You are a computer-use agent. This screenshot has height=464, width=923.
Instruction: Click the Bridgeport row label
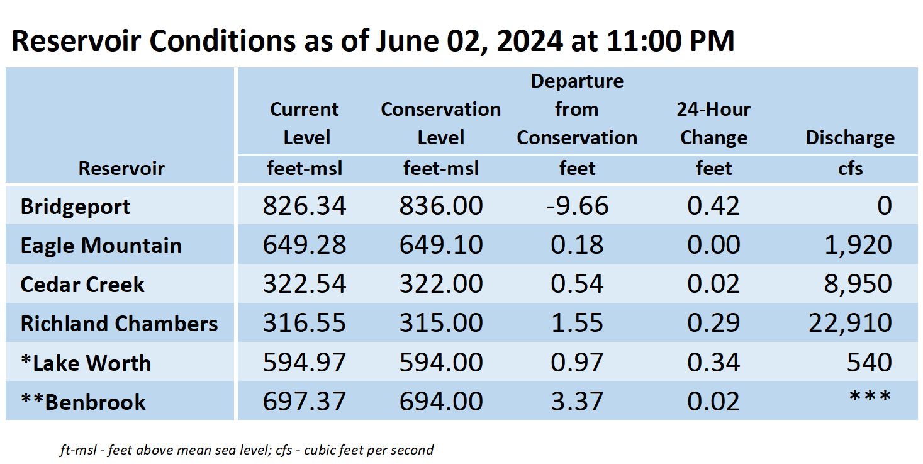[x=76, y=207]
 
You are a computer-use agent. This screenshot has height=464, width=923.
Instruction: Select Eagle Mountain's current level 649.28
[x=305, y=244]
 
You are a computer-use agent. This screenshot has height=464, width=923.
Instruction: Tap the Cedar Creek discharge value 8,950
[x=858, y=284]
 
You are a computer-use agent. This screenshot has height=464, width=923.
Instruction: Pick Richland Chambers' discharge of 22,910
[x=850, y=322]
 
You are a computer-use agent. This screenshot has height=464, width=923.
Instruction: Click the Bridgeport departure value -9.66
[x=578, y=205]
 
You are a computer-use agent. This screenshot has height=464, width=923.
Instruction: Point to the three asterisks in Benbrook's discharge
[x=870, y=397]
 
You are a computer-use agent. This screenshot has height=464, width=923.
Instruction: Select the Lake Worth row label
[x=86, y=363]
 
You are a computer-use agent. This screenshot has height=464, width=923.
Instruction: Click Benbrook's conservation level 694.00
[x=441, y=401]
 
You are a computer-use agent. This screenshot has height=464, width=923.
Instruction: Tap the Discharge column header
[x=850, y=138]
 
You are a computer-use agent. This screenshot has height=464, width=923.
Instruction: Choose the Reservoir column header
[x=121, y=168]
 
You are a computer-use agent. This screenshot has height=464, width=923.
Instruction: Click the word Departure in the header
[x=577, y=81]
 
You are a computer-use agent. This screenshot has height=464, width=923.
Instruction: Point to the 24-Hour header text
[x=713, y=110]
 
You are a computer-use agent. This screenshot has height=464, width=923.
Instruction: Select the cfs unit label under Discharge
[x=851, y=169]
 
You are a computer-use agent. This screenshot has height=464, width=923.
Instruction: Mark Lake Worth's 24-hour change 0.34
[x=713, y=362]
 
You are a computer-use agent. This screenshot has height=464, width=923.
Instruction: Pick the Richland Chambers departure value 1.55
[x=577, y=323]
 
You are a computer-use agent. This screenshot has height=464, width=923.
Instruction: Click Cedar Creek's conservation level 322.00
[x=441, y=284]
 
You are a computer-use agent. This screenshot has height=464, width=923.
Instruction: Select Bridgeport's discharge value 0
[x=884, y=205]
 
